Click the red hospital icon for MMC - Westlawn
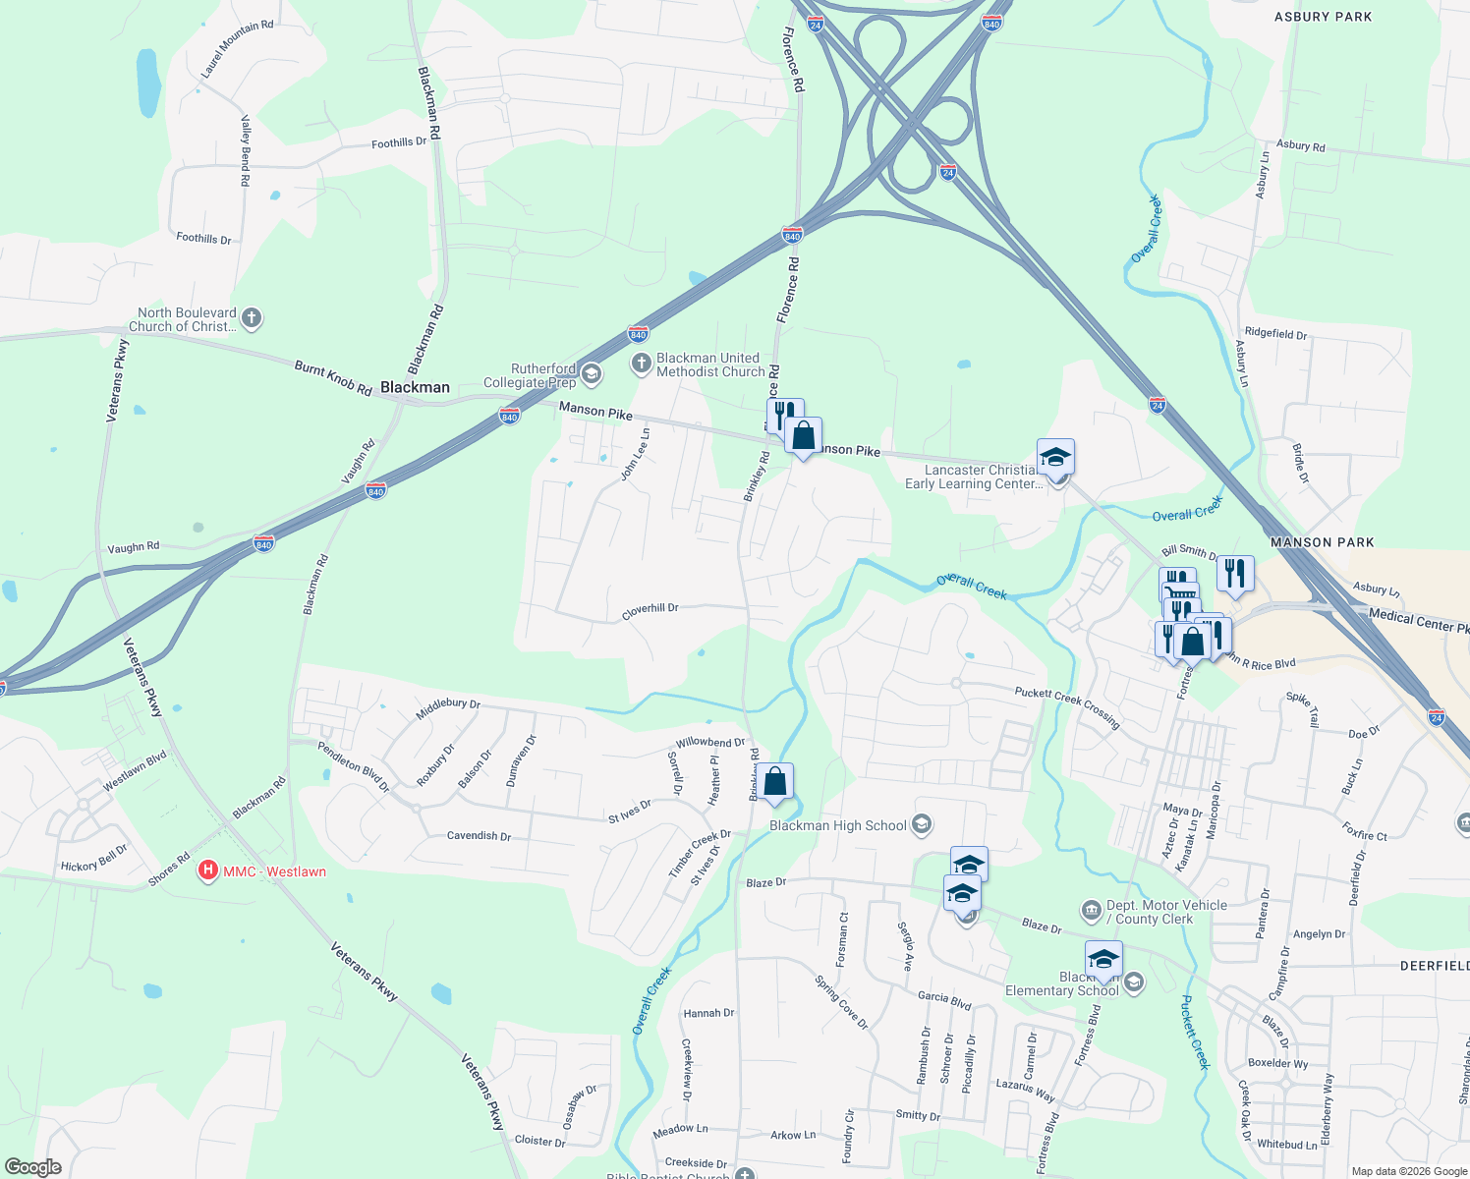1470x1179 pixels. point(208,870)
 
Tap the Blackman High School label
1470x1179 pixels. point(837,825)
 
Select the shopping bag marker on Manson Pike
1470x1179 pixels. point(803,436)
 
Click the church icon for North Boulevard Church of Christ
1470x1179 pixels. point(252,318)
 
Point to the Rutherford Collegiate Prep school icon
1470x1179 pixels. point(591,373)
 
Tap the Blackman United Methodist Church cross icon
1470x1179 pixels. point(641,365)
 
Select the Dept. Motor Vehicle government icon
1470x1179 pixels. point(1092,911)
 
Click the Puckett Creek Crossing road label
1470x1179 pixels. point(1067,705)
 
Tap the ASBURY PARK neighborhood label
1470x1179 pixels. point(1323,17)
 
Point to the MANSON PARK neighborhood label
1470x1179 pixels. point(1322,542)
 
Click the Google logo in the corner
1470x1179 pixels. point(33,1167)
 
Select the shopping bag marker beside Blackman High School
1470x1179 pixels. point(774,783)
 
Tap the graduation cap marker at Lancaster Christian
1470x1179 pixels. point(1055,458)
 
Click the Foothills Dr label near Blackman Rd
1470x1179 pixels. point(399,143)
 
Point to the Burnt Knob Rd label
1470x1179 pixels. point(333,378)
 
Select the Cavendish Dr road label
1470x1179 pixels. point(479,836)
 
